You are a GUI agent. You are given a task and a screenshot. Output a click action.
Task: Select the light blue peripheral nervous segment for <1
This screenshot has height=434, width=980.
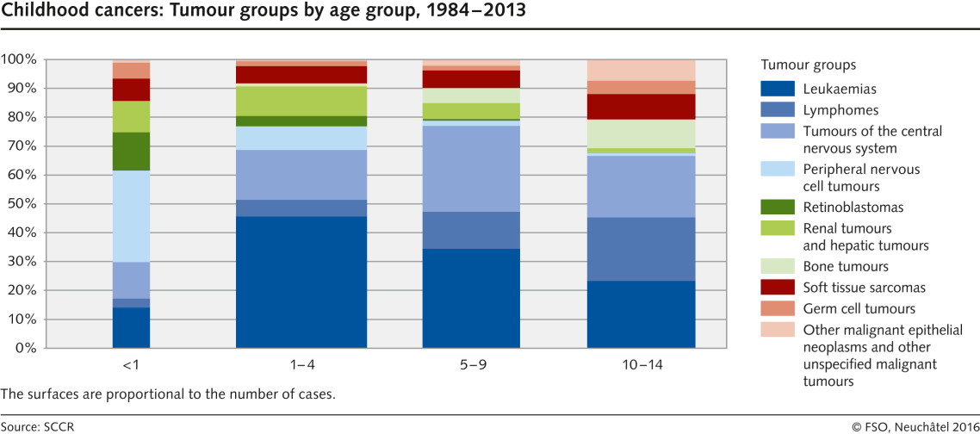[x=131, y=216]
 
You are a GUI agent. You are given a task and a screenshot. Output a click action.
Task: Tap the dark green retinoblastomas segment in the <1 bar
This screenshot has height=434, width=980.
[x=131, y=152]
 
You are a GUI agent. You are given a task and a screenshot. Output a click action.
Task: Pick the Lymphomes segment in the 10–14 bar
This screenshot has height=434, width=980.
[x=641, y=249]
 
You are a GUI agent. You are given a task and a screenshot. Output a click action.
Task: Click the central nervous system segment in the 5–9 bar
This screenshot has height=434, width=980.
[x=471, y=169]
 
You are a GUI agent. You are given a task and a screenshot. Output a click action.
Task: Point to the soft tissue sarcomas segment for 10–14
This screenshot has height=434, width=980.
[x=641, y=107]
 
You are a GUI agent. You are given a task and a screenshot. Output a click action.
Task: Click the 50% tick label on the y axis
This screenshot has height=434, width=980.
[x=19, y=204]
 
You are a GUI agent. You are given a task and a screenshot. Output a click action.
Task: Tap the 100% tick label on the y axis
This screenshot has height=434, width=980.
[x=17, y=59]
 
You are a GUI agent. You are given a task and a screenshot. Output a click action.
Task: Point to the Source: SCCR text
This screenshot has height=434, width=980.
[x=31, y=425]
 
